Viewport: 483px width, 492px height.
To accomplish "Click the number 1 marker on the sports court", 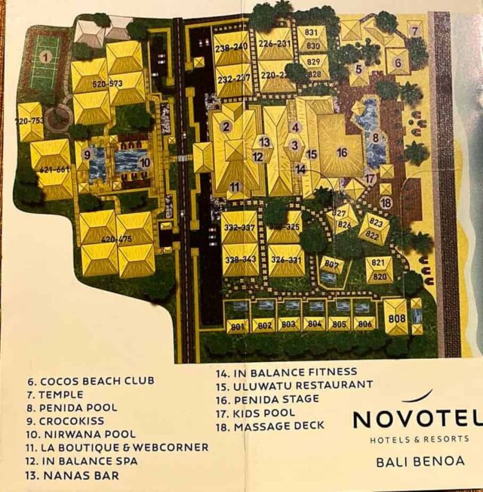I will point(45,57).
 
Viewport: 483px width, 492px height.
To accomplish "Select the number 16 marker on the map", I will point(341,153).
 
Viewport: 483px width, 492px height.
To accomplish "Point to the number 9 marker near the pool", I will point(88,156).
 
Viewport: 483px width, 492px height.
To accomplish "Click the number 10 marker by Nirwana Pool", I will point(144,162).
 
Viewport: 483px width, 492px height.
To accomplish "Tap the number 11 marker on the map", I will point(235,187).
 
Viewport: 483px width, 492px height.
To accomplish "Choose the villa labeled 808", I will point(395,318).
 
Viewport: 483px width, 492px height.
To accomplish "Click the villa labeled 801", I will point(237,326).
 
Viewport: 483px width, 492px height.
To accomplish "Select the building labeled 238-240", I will point(232,48).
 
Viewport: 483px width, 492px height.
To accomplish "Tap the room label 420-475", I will point(117,240).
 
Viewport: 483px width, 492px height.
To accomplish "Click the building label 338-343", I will point(241,261).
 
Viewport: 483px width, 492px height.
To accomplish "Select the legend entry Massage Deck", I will point(269,425).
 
